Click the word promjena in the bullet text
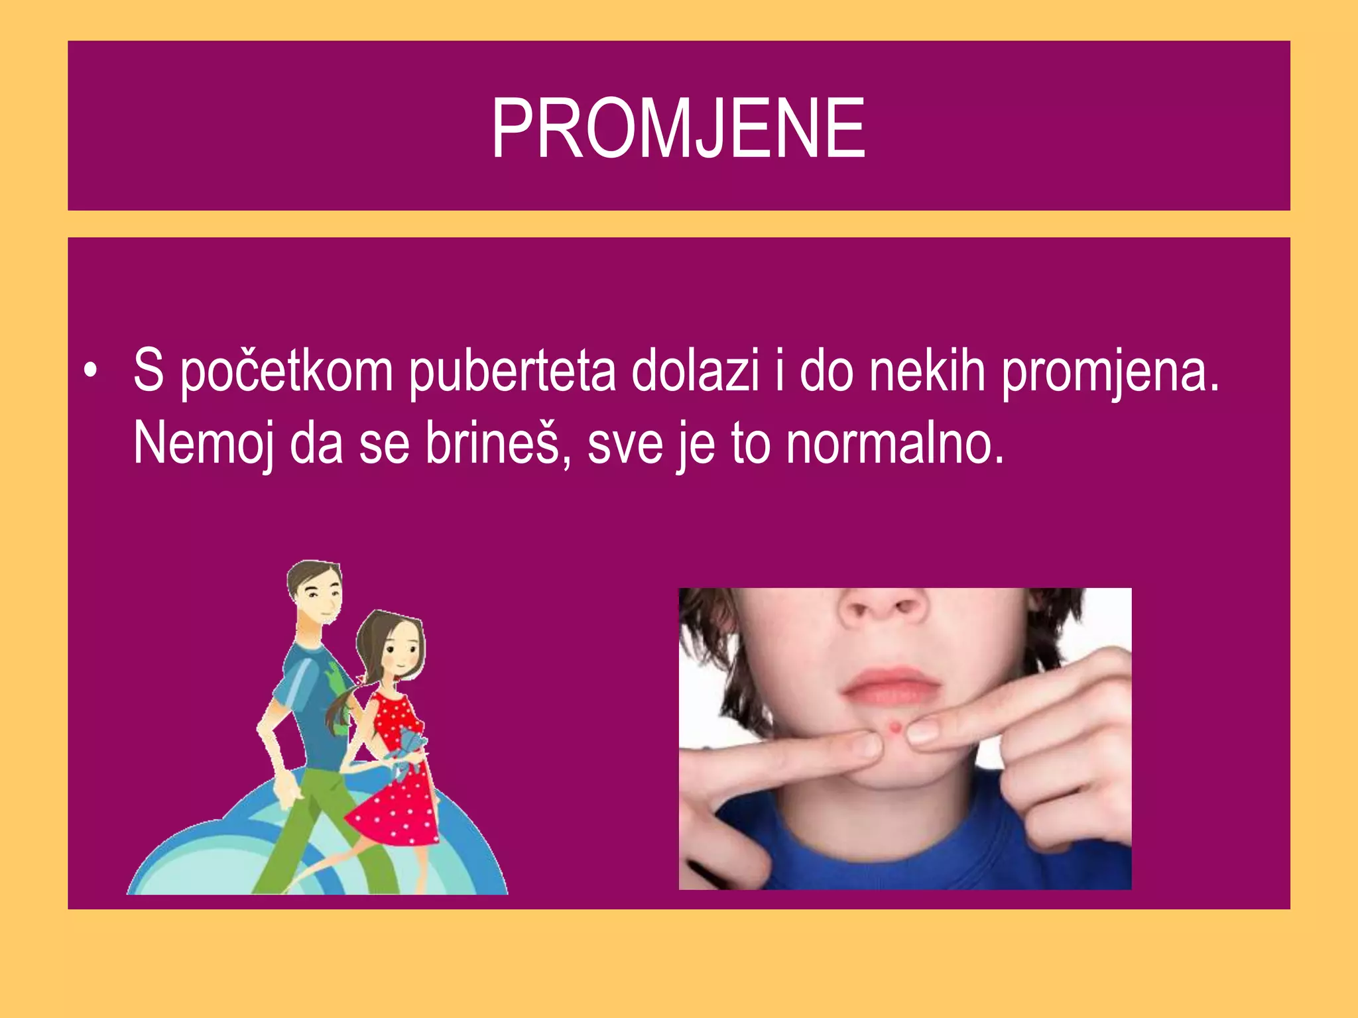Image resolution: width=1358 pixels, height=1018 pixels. pyautogui.click(x=1109, y=372)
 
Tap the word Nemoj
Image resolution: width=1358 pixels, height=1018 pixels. pyautogui.click(x=204, y=444)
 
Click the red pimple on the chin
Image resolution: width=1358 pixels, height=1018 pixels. pyautogui.click(x=895, y=728)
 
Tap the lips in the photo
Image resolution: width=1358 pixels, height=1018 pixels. pyautogui.click(x=889, y=685)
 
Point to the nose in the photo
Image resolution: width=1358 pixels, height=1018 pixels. pyautogui.click(x=882, y=606)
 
